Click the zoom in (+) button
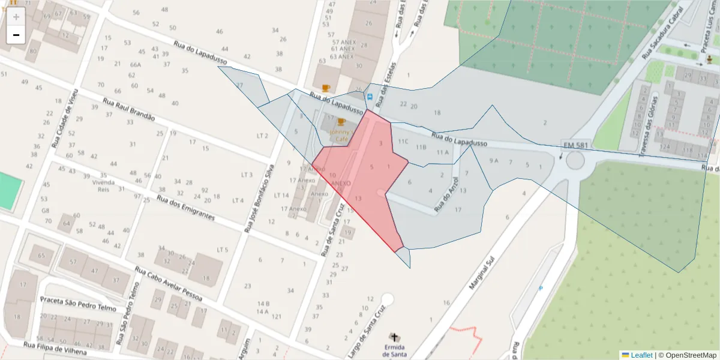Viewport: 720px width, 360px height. click(16, 17)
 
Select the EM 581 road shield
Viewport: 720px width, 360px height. click(576, 145)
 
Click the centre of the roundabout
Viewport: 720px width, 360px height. click(575, 161)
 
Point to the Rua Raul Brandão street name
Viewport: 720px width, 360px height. click(128, 110)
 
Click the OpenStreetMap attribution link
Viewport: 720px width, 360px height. click(688, 355)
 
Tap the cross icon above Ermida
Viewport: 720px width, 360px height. click(394, 337)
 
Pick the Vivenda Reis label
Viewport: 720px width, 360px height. click(103, 185)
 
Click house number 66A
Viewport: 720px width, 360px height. click(135, 64)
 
